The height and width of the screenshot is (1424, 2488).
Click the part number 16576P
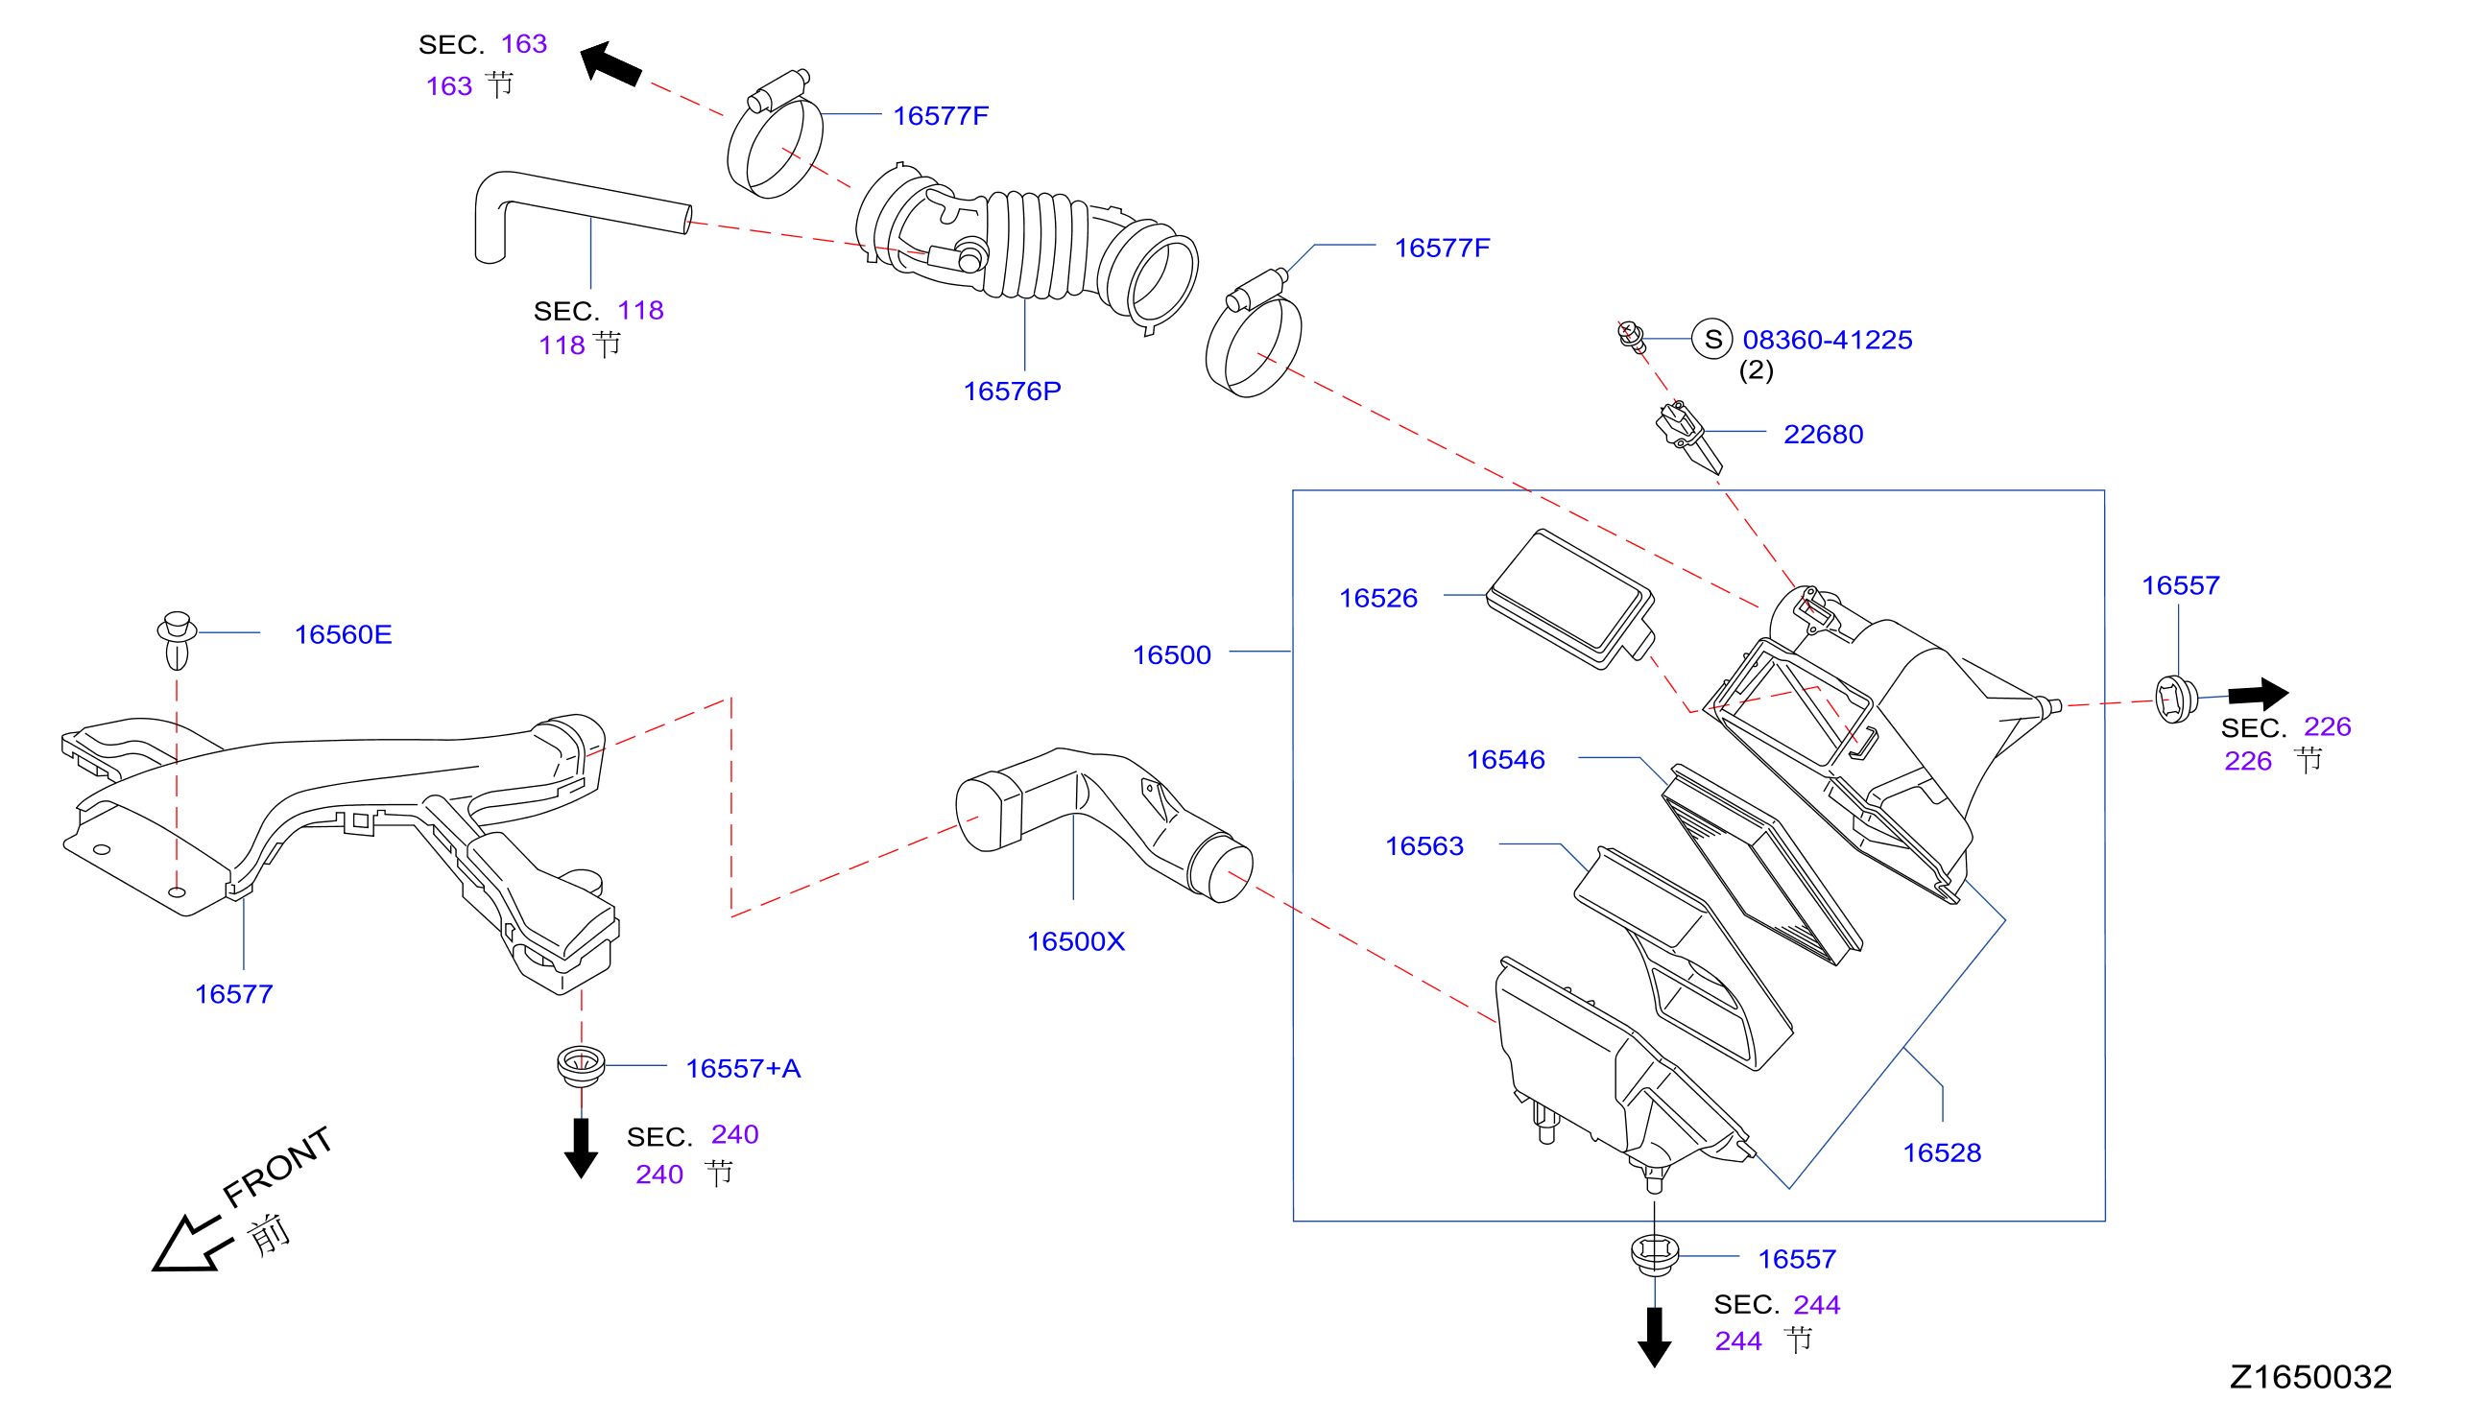click(1012, 392)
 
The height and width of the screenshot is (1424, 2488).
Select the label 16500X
click(1075, 942)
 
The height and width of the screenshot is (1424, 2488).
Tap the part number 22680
click(1823, 435)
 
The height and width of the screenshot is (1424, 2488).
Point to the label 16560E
click(343, 634)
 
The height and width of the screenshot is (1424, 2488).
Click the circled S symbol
click(1711, 340)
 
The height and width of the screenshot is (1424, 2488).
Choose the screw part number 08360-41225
click(1827, 340)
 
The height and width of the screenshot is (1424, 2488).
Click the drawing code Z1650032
click(2309, 1377)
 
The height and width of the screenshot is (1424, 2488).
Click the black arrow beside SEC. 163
click(610, 63)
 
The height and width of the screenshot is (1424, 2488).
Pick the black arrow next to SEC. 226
click(2258, 694)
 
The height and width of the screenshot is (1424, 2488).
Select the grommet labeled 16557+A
click(581, 1065)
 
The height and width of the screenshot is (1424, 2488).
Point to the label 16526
click(1377, 599)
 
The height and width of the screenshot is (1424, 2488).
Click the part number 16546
click(1506, 760)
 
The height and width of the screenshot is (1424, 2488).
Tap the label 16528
click(1942, 1153)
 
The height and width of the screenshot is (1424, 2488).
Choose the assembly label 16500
click(1171, 655)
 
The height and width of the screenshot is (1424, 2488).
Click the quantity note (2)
click(1757, 370)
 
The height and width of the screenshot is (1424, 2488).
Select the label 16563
click(1424, 847)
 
